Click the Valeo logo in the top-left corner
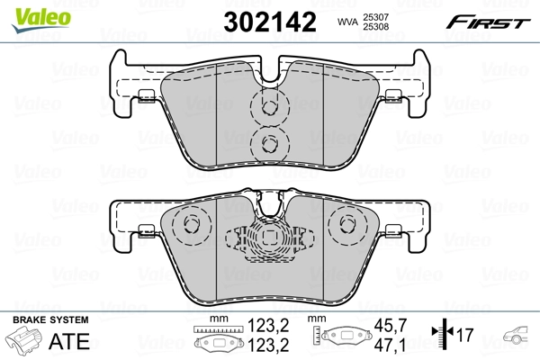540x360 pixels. point(28,11)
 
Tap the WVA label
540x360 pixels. point(347,22)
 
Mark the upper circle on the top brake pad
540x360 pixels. point(268,107)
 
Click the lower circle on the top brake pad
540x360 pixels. point(268,140)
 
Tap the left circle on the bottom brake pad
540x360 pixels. point(189,226)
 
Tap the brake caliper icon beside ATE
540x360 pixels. point(26,342)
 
